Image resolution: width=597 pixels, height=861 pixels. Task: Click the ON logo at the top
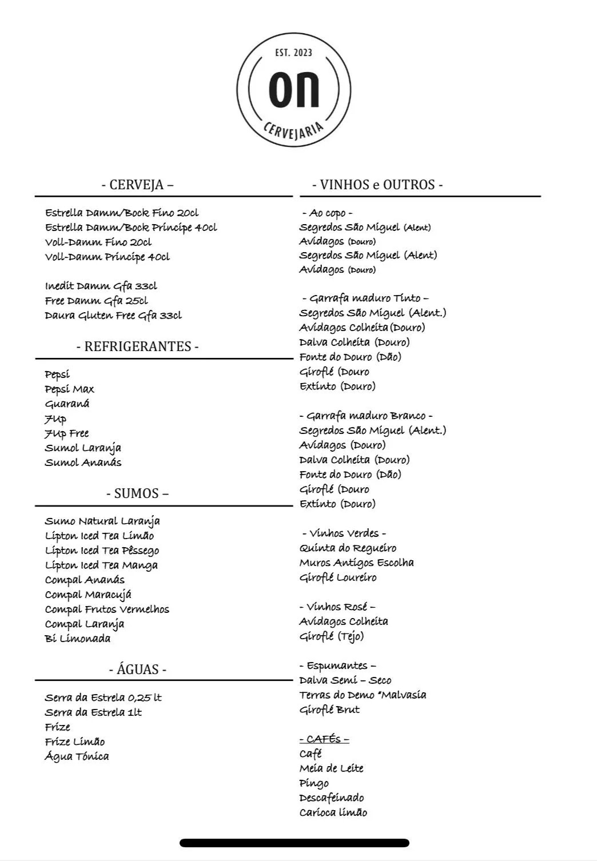coord(294,90)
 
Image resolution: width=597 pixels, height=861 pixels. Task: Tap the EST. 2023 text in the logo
coord(294,53)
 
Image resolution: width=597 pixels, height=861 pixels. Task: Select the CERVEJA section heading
coord(137,185)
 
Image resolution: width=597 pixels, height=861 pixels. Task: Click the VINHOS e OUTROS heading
coord(377,185)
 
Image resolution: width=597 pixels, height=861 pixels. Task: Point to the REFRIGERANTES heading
coord(137,346)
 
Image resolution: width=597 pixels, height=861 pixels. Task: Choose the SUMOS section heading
coord(137,493)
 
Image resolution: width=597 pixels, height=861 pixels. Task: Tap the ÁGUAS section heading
coord(137,669)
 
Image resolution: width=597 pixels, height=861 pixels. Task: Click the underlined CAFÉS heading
coord(324,739)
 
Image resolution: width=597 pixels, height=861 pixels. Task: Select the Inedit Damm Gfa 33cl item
coord(101,286)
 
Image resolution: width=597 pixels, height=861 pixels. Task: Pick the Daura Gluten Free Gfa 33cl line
coord(113,316)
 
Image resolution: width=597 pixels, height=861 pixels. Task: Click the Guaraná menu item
coord(67,404)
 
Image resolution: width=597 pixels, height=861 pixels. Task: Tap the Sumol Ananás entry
coord(83,463)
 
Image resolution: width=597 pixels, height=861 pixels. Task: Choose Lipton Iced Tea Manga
coord(101,565)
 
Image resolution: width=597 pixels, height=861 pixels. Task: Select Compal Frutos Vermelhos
coord(107,609)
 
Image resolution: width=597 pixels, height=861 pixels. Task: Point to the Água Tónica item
coord(77,756)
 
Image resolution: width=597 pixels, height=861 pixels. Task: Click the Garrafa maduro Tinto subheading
coord(365,298)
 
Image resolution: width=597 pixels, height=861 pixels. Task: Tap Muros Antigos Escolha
coord(356,563)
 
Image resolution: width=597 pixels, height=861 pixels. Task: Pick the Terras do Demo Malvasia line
coord(363,695)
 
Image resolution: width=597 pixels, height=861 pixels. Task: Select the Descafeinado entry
coord(332,798)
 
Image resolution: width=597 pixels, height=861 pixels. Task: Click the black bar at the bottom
coord(294,843)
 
